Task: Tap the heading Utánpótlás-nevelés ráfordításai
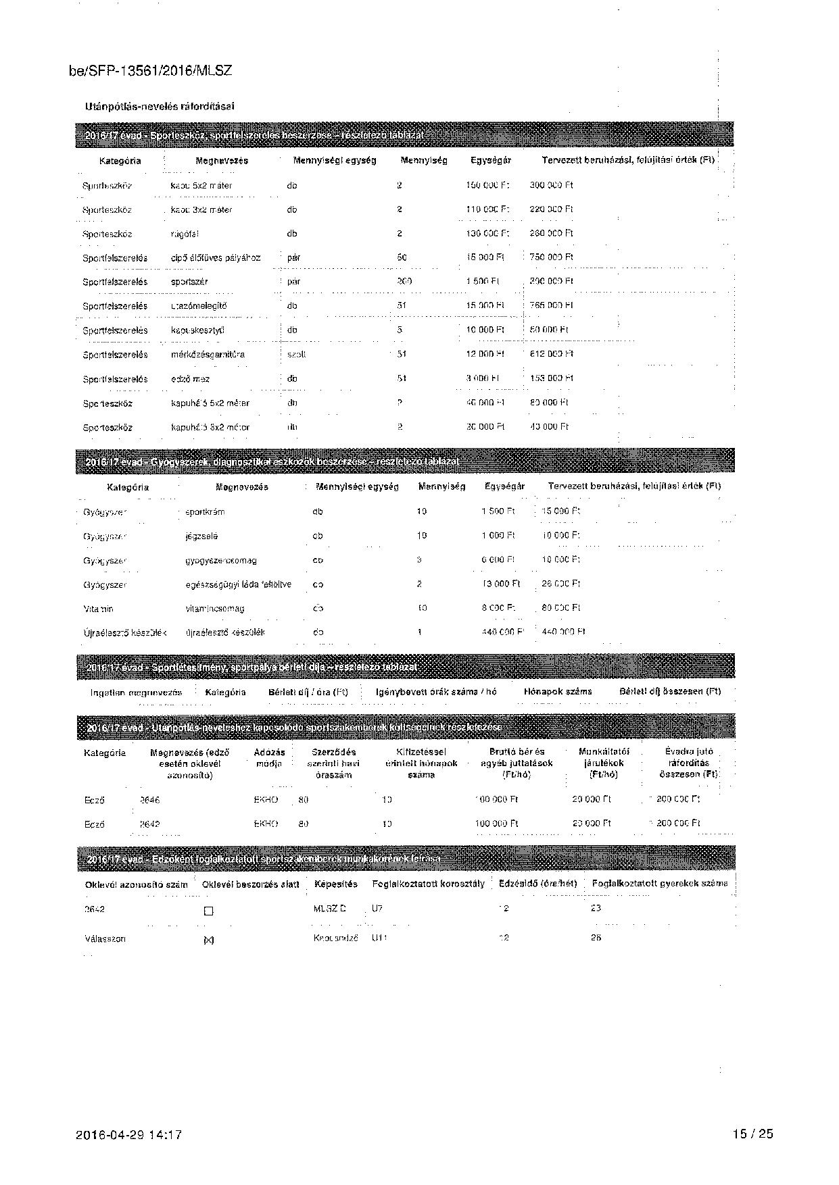160,106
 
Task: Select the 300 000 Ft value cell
551,185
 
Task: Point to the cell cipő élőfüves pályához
215,257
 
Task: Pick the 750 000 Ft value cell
551,257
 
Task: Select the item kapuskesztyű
197,330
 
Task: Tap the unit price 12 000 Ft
485,354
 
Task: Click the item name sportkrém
205,512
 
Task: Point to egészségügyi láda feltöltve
238,584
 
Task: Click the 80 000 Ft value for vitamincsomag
561,608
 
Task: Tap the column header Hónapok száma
558,692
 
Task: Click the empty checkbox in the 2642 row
208,911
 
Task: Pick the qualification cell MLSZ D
329,909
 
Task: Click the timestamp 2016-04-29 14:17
129,1135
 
